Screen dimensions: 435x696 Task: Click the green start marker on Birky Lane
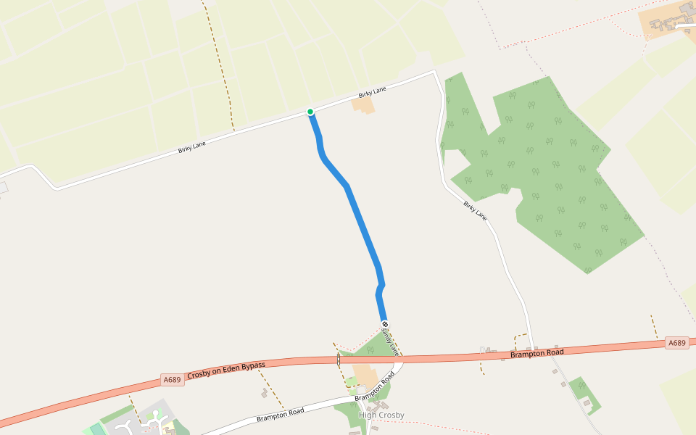point(310,112)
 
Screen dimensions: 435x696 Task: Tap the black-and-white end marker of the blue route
point(385,324)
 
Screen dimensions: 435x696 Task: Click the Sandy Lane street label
point(391,339)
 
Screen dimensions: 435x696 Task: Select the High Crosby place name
point(381,415)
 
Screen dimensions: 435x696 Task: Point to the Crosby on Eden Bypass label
point(225,370)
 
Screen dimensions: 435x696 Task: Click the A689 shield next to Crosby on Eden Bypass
point(172,379)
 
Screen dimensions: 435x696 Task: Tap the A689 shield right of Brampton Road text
point(676,343)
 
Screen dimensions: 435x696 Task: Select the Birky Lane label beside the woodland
point(475,211)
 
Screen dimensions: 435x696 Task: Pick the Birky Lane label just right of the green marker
point(372,92)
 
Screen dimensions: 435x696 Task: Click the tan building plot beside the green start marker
point(363,106)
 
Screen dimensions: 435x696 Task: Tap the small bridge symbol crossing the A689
point(339,359)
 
